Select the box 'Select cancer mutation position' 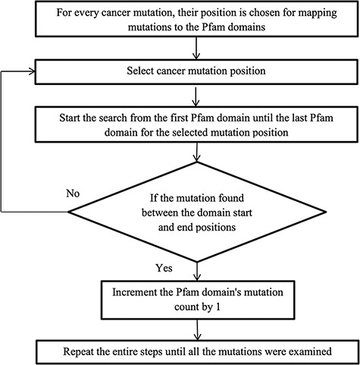coord(197,73)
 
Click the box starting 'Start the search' coord(197,125)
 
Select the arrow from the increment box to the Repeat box coord(197,328)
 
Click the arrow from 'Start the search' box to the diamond coord(197,152)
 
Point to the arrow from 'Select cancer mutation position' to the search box coord(197,96)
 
